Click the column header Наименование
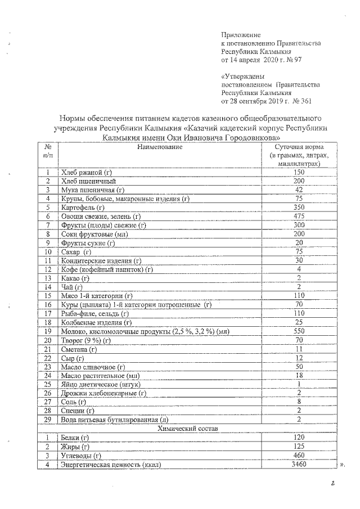click(160, 147)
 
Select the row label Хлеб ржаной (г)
click(86, 172)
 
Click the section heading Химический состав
click(186, 429)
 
